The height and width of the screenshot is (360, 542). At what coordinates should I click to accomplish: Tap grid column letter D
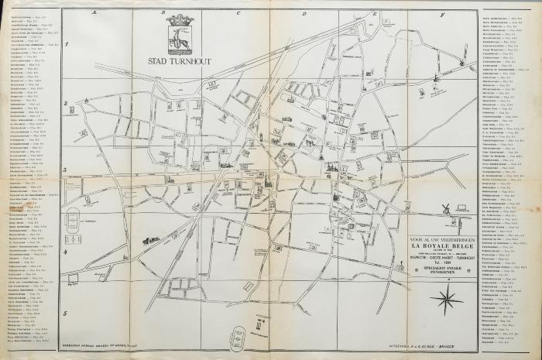[304, 14]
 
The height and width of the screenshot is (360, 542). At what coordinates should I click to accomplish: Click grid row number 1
[67, 45]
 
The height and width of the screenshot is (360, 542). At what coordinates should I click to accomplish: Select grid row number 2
[67, 105]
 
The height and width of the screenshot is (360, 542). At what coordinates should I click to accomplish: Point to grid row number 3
[67, 171]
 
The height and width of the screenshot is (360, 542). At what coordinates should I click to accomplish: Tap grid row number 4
[67, 241]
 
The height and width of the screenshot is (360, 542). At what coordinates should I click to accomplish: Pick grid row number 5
[67, 313]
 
